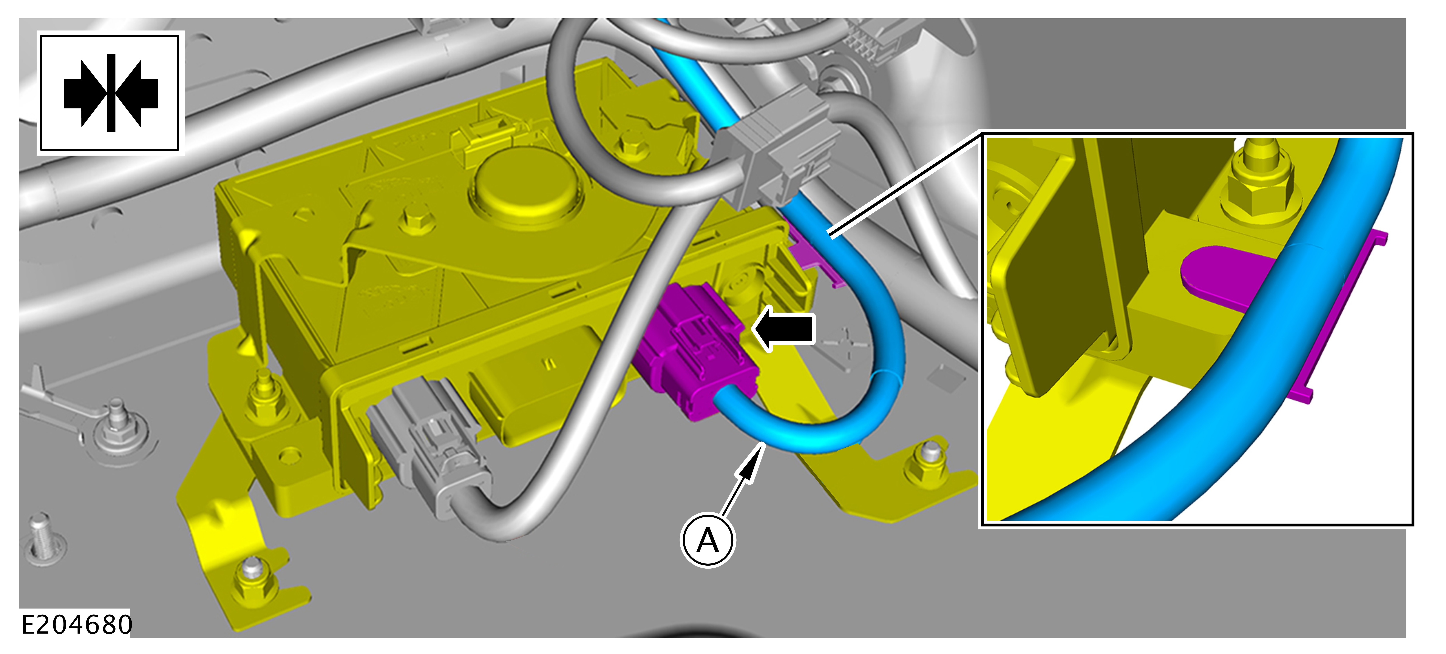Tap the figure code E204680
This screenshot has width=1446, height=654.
coord(76,624)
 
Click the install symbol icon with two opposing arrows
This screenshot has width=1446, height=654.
coord(111,93)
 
